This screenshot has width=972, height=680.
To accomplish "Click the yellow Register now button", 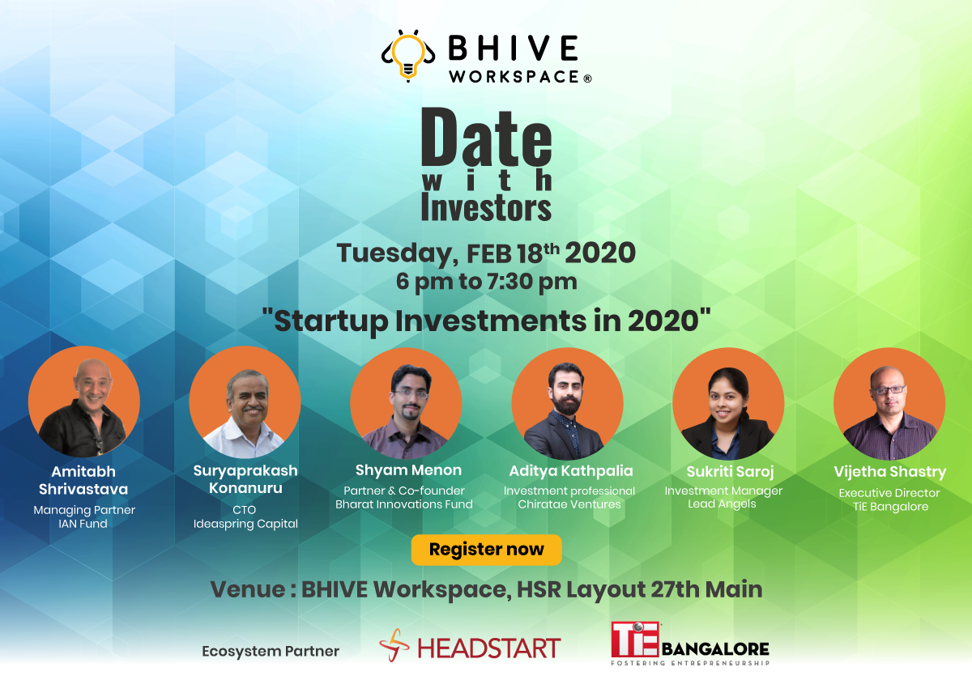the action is click(x=486, y=550).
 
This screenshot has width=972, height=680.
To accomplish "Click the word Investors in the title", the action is click(x=486, y=208).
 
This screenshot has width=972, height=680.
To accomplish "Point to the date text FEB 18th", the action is click(x=513, y=253).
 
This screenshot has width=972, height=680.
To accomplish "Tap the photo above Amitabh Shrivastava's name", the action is click(x=84, y=402).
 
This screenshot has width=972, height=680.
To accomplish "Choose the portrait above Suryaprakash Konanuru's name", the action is click(x=245, y=402).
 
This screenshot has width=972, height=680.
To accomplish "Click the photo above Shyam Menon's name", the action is click(x=406, y=403).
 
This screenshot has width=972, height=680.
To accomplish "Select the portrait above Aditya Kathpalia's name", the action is click(x=567, y=404).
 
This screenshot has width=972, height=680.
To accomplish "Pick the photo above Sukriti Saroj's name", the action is click(x=728, y=404).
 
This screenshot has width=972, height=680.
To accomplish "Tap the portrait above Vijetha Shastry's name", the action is click(x=889, y=404).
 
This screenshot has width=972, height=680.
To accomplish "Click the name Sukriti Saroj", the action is click(x=730, y=472).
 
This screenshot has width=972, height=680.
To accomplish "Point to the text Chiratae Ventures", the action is click(x=569, y=504).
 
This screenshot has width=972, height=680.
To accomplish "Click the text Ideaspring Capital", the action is click(x=245, y=524).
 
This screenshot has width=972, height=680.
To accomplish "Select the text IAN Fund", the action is click(x=83, y=524).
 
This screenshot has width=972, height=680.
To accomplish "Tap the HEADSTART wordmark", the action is click(x=488, y=648).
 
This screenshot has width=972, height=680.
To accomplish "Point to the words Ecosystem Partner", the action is click(x=271, y=652).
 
